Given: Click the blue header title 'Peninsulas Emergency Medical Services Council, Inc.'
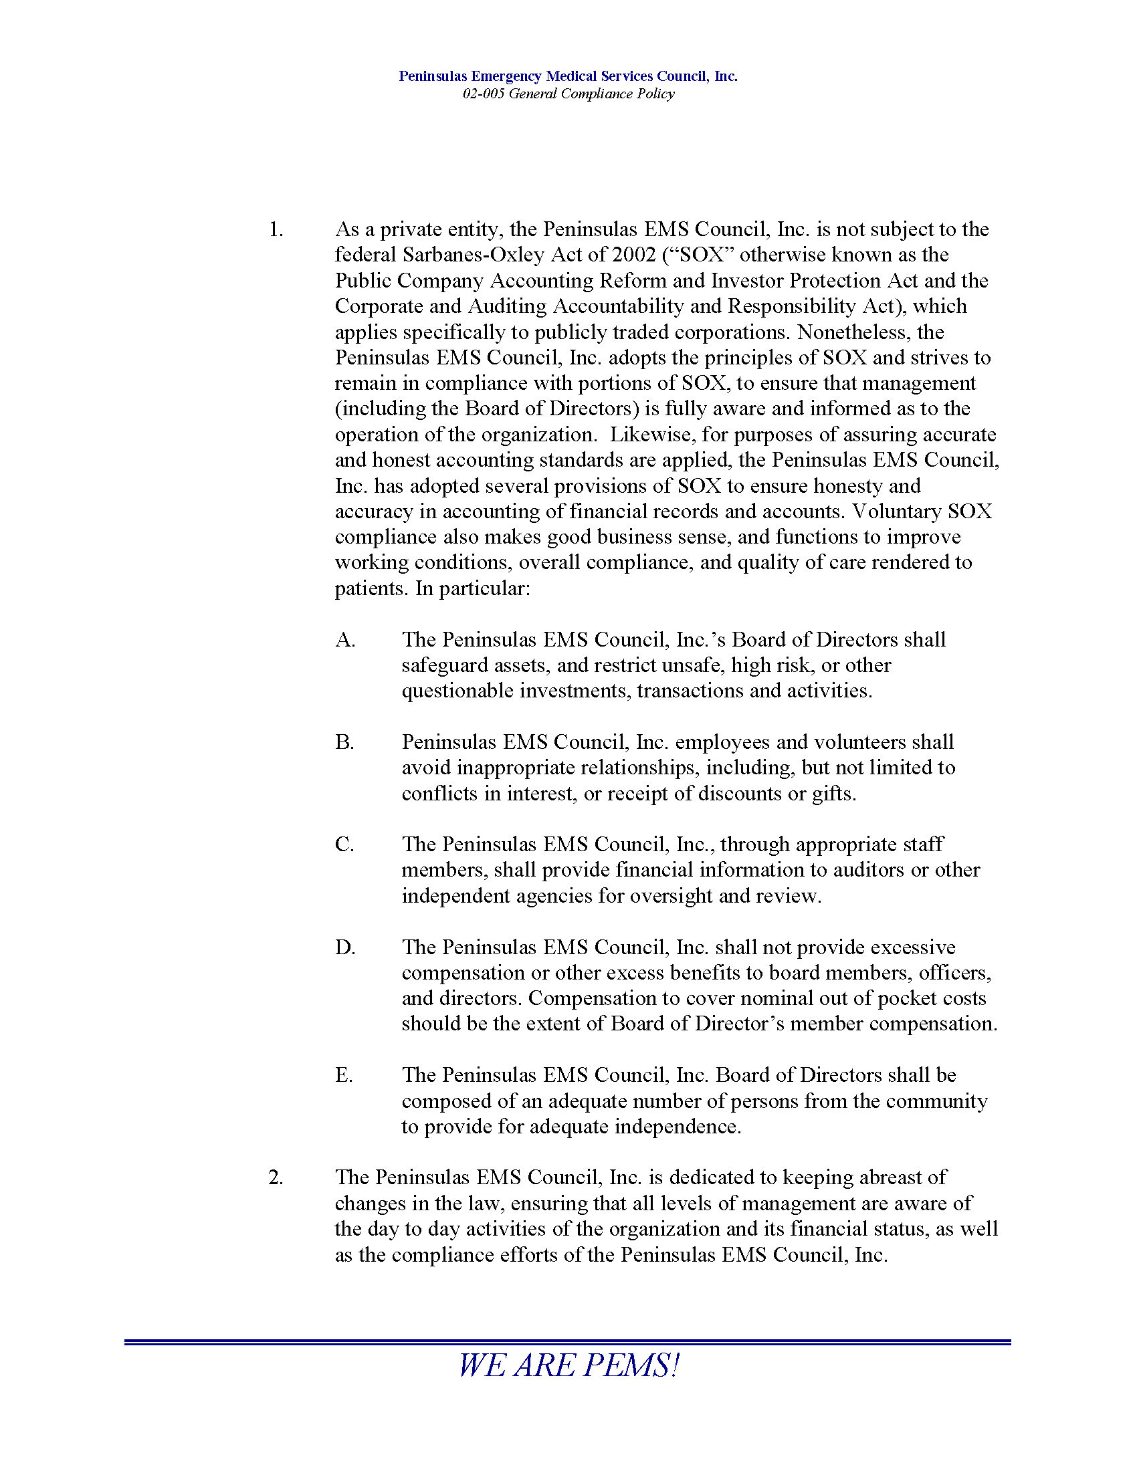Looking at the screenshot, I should point(568,76).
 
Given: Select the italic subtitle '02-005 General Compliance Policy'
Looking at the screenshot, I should point(568,94).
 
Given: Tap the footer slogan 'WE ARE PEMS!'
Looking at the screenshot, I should point(568,1366).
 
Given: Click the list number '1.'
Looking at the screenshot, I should point(276,229).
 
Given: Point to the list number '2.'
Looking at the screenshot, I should point(276,1177).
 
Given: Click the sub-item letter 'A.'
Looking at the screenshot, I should point(345,640).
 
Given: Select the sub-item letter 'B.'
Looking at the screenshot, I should point(344,742).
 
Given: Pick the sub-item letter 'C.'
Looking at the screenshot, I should point(344,844).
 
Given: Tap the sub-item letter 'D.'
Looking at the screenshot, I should point(345,947).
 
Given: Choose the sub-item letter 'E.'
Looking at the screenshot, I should point(344,1075).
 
